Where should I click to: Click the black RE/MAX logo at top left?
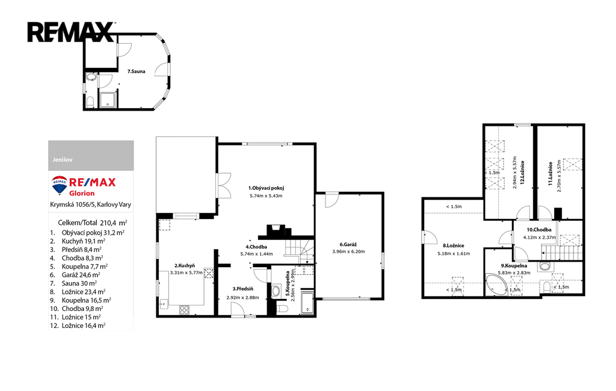[71, 32]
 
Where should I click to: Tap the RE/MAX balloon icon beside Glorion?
[60, 185]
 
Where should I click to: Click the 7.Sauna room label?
[137, 72]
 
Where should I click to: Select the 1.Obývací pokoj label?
[266, 188]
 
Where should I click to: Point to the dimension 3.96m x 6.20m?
[348, 251]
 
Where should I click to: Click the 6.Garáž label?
[348, 244]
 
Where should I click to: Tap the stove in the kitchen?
[185, 310]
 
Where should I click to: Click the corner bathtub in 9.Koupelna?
[496, 285]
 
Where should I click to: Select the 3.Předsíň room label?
[242, 289]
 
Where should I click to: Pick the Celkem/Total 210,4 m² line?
[92, 223]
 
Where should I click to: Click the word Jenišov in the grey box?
[63, 160]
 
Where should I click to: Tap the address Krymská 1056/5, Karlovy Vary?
[91, 205]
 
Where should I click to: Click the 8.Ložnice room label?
[454, 245]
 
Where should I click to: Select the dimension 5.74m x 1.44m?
[256, 254]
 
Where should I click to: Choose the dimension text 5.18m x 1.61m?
[454, 253]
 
